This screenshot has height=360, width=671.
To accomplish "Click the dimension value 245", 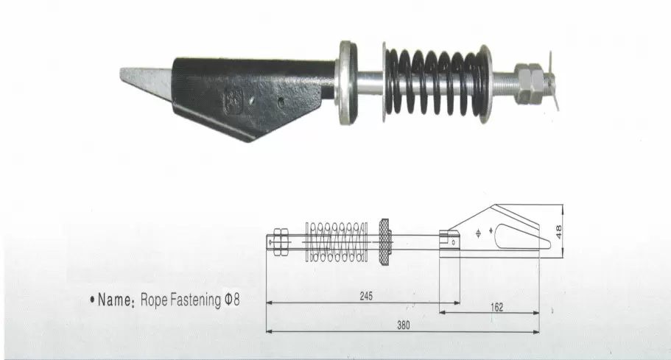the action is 366,296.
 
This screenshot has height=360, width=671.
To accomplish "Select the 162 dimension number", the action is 497,307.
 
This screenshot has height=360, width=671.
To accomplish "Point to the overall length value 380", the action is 403,325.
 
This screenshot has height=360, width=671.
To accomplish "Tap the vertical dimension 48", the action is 558,231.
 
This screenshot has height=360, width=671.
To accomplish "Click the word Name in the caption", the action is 114,300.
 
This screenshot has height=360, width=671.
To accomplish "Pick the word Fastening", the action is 196,300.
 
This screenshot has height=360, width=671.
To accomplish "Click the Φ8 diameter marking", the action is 232,300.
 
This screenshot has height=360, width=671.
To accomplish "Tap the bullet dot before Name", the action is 92,300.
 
